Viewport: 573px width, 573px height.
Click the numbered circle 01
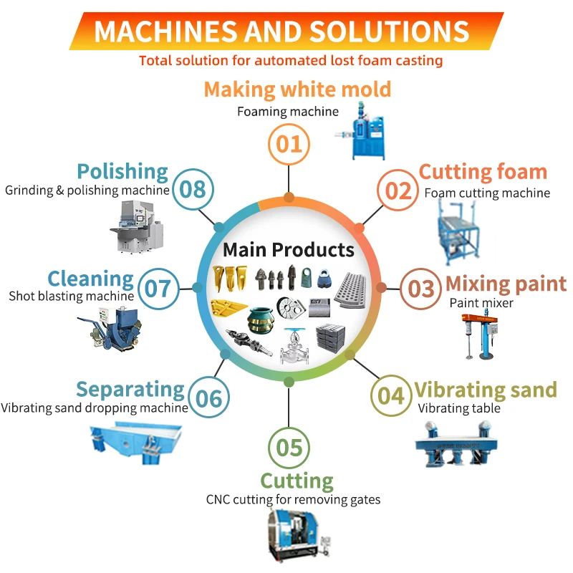pos(289,143)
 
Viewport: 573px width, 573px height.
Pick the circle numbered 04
pos(391,395)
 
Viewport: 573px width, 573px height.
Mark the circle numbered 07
pos(158,288)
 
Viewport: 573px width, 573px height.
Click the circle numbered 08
pos(192,189)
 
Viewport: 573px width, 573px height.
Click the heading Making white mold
pos(297,89)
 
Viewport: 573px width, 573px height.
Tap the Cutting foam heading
pos(483,172)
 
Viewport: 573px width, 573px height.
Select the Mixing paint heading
pos(506,283)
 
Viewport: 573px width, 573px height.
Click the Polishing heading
pos(122,172)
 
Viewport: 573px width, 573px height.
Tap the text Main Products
pos(289,249)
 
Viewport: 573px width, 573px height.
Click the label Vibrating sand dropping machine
pos(94,408)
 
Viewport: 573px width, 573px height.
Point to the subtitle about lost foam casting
pos(291,60)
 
